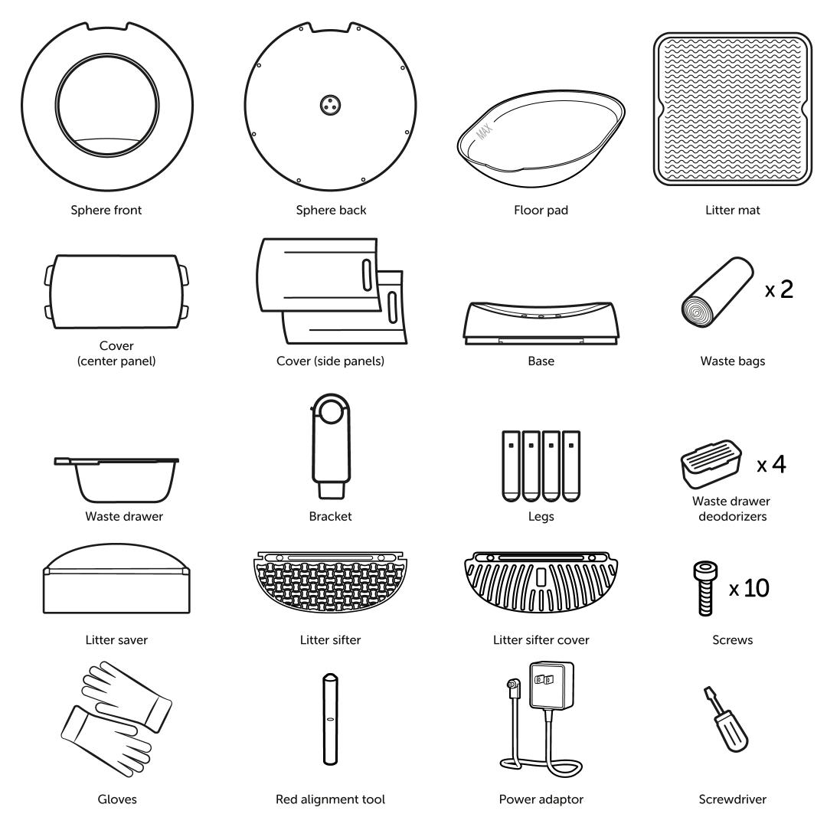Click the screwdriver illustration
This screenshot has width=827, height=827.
tap(727, 720)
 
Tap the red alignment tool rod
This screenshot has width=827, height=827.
tap(330, 719)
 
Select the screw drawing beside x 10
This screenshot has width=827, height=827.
tap(706, 588)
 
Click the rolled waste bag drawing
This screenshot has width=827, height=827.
tap(717, 292)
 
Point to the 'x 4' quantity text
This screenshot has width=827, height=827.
tap(771, 464)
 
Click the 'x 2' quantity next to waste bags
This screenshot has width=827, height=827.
tap(779, 289)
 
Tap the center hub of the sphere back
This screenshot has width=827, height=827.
tap(330, 104)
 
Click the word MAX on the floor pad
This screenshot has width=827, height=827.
tap(484, 131)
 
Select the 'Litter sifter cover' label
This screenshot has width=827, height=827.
tap(541, 639)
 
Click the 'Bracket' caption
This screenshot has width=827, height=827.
tap(330, 516)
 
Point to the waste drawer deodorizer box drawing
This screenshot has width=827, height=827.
tap(711, 464)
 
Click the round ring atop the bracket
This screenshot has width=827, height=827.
tap(330, 409)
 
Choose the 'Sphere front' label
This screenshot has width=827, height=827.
tap(106, 210)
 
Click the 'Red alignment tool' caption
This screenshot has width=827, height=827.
tap(330, 799)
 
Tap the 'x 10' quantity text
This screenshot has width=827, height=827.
tap(749, 588)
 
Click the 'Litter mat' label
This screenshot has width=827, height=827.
tap(733, 210)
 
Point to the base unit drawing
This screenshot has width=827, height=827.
tap(541, 323)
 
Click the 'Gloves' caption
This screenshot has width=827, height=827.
tap(117, 799)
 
